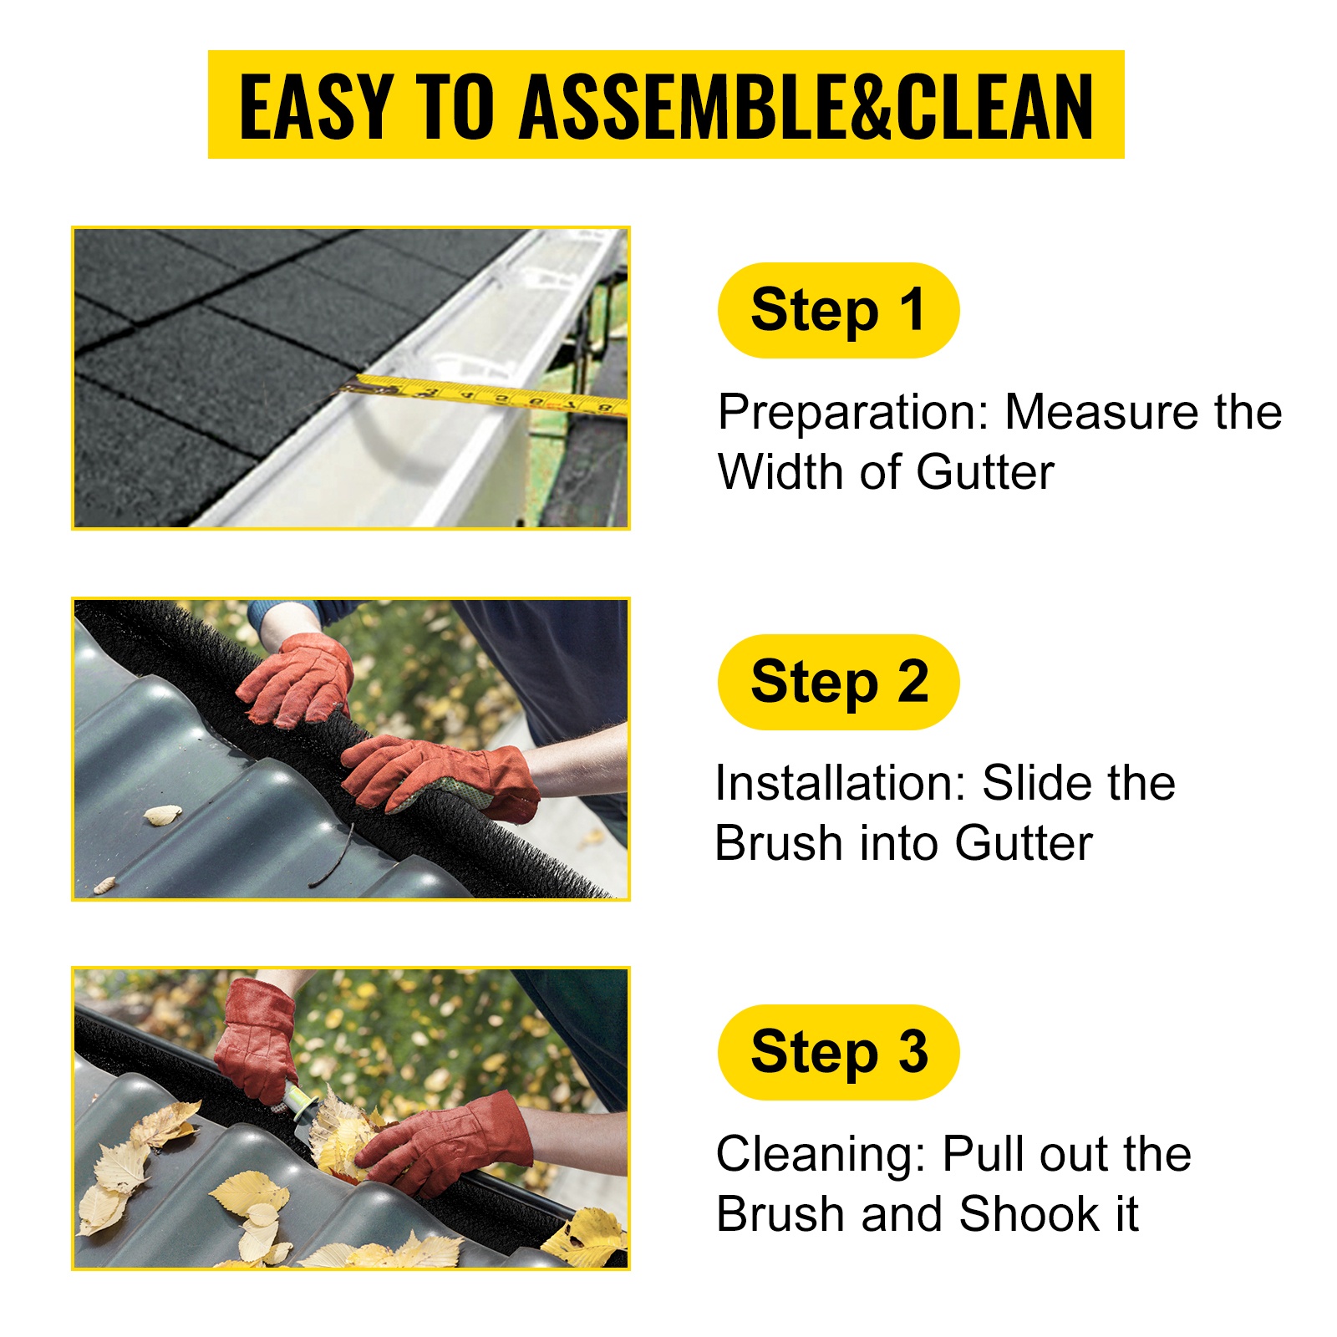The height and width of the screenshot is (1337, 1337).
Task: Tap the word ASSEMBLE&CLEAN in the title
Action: [x=806, y=106]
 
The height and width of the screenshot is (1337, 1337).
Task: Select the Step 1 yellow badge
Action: [x=838, y=310]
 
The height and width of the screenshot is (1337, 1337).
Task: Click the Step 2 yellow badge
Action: [x=838, y=682]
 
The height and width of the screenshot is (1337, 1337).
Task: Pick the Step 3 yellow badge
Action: [x=838, y=1052]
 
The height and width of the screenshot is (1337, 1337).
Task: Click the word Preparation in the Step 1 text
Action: [x=853, y=413]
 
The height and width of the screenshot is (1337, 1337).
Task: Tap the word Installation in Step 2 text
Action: [x=840, y=783]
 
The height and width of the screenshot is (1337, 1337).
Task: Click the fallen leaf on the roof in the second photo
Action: [x=162, y=814]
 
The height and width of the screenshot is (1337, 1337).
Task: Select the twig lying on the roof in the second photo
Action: [x=333, y=857]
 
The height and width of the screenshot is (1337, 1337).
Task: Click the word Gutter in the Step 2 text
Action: [x=1024, y=843]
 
